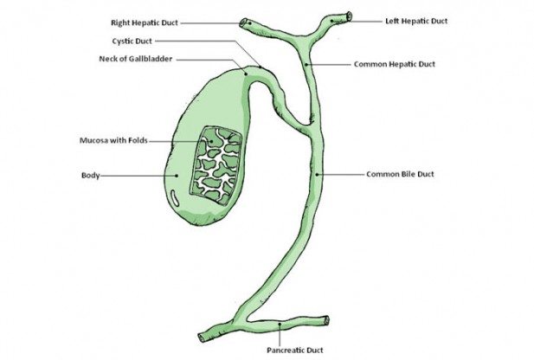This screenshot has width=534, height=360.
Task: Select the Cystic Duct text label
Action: pos(133,41)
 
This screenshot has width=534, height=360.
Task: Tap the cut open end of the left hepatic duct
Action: pos(349,15)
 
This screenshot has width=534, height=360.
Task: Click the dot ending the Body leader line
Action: pos(177,175)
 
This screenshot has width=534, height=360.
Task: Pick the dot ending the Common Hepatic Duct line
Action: pos(307,65)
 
